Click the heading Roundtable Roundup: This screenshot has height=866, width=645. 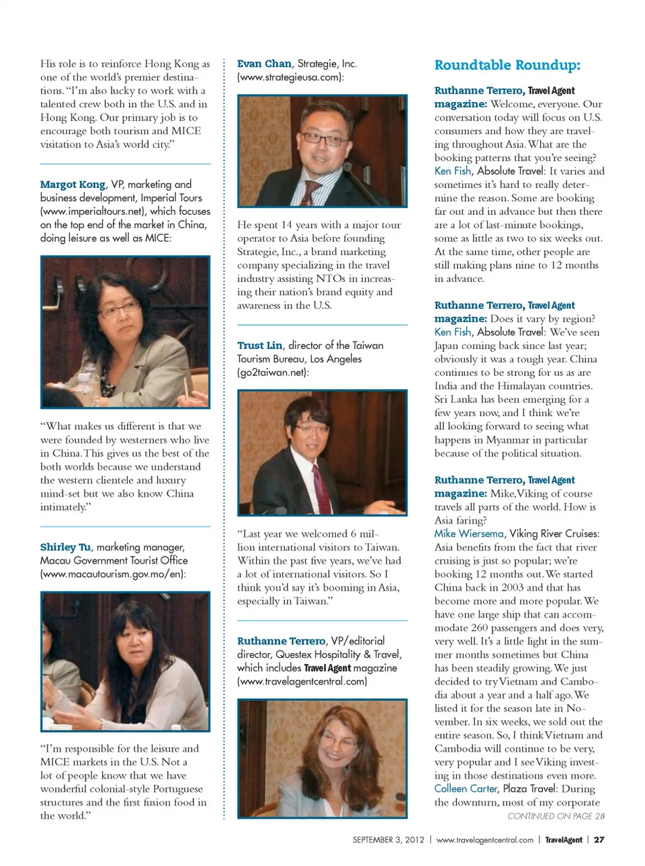point(507,65)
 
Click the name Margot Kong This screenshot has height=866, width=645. point(73,185)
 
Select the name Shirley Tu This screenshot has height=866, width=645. point(65,547)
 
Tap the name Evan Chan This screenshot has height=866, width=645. point(264,64)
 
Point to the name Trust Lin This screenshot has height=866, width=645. point(259,346)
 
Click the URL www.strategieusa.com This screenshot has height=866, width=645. point(290,77)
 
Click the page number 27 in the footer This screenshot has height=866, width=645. point(599,840)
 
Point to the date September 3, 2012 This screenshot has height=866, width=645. point(388,840)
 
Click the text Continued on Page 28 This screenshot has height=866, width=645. point(556,816)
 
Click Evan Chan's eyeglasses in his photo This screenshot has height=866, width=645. point(323,137)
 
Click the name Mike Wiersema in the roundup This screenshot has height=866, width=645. point(468,534)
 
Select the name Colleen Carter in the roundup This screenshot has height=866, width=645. point(466,789)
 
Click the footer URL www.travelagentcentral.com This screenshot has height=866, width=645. point(484,840)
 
